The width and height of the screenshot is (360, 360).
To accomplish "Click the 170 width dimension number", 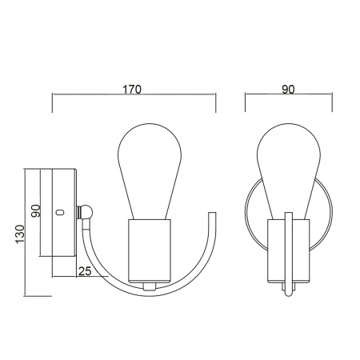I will tap(133, 90).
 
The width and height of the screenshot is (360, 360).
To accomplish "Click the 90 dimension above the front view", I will tap(288, 90).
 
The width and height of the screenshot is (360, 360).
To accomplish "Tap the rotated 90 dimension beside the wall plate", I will tap(35, 211).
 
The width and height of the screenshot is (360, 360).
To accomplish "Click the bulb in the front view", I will tap(288, 168).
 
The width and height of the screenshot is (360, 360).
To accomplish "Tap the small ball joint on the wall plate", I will tap(86, 212).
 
